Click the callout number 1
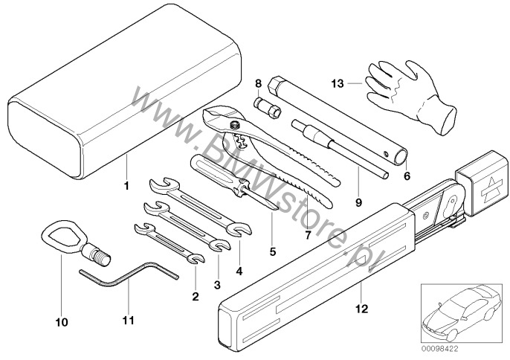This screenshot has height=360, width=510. pyautogui.click(x=127, y=184)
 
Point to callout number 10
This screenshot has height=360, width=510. pyautogui.click(x=61, y=322)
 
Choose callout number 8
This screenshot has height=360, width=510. pyautogui.click(x=258, y=85)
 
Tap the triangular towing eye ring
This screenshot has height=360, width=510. pyautogui.click(x=58, y=240)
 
